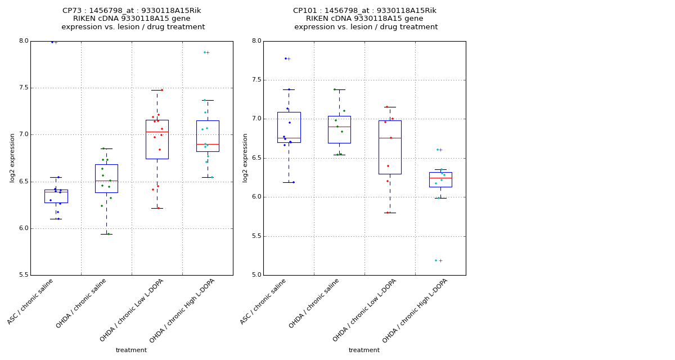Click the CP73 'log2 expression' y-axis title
point(12,157)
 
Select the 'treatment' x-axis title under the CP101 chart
point(364,350)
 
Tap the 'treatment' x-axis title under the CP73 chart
point(131,350)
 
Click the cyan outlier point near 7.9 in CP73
point(205,52)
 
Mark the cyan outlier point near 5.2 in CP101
point(436,260)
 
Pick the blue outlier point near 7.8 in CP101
point(286,58)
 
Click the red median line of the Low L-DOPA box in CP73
point(157,132)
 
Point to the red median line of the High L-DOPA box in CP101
point(440,178)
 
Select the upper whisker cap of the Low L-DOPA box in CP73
point(157,90)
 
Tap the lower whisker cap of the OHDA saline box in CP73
point(106,234)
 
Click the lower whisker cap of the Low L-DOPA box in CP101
point(390,213)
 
